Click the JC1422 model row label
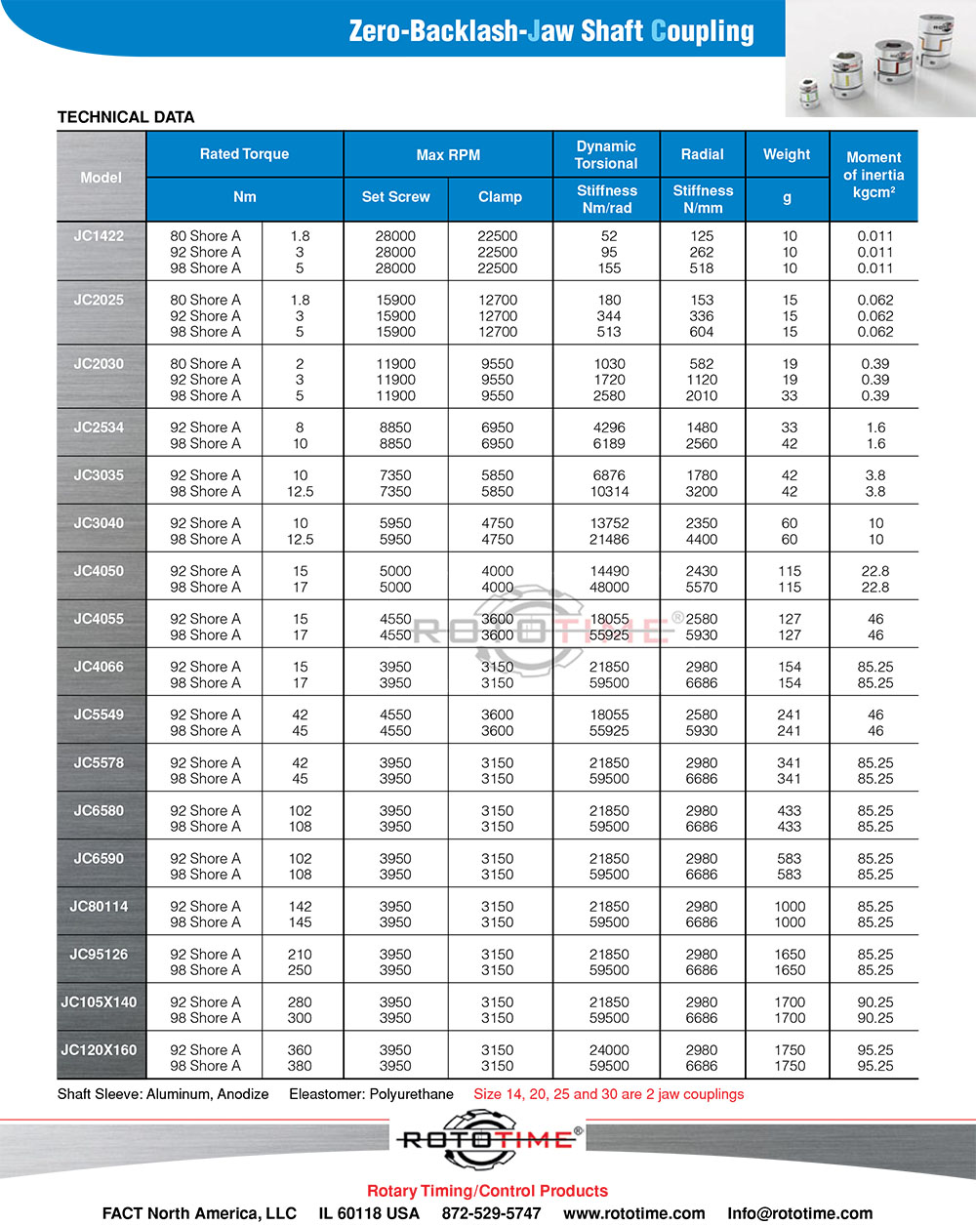[x=99, y=235]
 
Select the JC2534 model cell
[x=99, y=427]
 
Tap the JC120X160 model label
[x=99, y=1049]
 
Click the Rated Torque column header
[x=244, y=154]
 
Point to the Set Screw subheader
[x=395, y=197]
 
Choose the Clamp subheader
[x=500, y=197]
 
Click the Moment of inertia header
[x=874, y=175]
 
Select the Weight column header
[x=787, y=154]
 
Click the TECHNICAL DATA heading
[x=126, y=117]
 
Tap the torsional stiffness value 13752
[x=609, y=523]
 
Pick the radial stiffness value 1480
[x=702, y=428]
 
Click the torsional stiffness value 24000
[x=609, y=1050]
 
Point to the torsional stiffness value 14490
[x=609, y=571]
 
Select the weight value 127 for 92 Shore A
[x=790, y=619]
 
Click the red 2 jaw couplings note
[x=608, y=1094]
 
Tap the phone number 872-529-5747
[x=491, y=1213]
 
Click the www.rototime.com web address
[x=633, y=1213]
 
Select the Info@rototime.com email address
[x=799, y=1213]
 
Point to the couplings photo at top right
[x=879, y=59]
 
